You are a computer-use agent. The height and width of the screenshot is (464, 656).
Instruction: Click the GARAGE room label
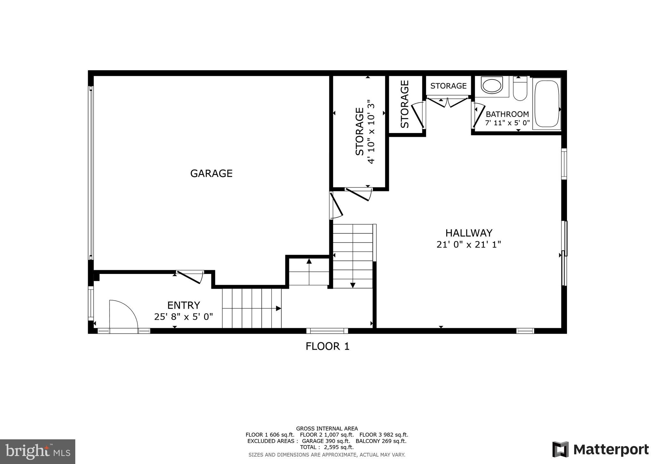(211, 173)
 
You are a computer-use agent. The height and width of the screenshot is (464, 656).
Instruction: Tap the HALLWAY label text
(469, 233)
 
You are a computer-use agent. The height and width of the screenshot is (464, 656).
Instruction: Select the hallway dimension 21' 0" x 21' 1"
(469, 244)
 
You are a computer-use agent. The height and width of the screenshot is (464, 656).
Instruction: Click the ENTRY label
(184, 305)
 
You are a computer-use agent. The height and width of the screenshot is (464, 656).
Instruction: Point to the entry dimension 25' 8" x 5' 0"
(184, 317)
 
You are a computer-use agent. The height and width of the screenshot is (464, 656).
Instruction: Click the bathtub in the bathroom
(546, 104)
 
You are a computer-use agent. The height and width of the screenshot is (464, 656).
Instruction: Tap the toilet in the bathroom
(520, 89)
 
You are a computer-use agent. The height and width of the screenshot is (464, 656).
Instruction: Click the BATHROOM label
(507, 114)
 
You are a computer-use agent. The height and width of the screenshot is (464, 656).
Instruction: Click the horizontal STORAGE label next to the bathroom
(448, 86)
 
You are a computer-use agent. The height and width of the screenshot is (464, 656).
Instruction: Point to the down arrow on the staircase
(353, 285)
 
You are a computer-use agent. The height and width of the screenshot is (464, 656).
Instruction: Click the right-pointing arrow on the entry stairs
(278, 308)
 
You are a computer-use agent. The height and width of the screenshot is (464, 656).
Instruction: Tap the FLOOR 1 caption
(327, 346)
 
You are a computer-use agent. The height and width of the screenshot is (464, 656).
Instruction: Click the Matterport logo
(600, 450)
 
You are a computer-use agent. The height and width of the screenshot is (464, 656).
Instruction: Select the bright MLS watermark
(37, 452)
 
